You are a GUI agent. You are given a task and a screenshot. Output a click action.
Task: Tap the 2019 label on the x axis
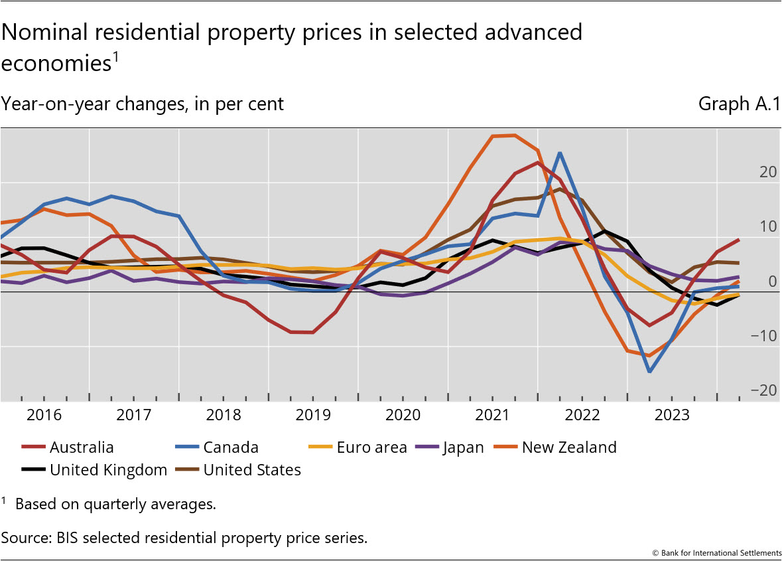[x=312, y=416]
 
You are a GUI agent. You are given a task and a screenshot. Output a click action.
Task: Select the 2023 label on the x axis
[x=671, y=416]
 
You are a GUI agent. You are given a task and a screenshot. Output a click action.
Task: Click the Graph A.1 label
[x=739, y=104]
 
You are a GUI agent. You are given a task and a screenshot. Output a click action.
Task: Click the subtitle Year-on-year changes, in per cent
[x=143, y=104]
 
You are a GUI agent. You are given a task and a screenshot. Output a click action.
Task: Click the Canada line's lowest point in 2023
[x=649, y=372]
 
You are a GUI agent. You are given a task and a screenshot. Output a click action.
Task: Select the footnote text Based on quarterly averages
[x=115, y=504]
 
